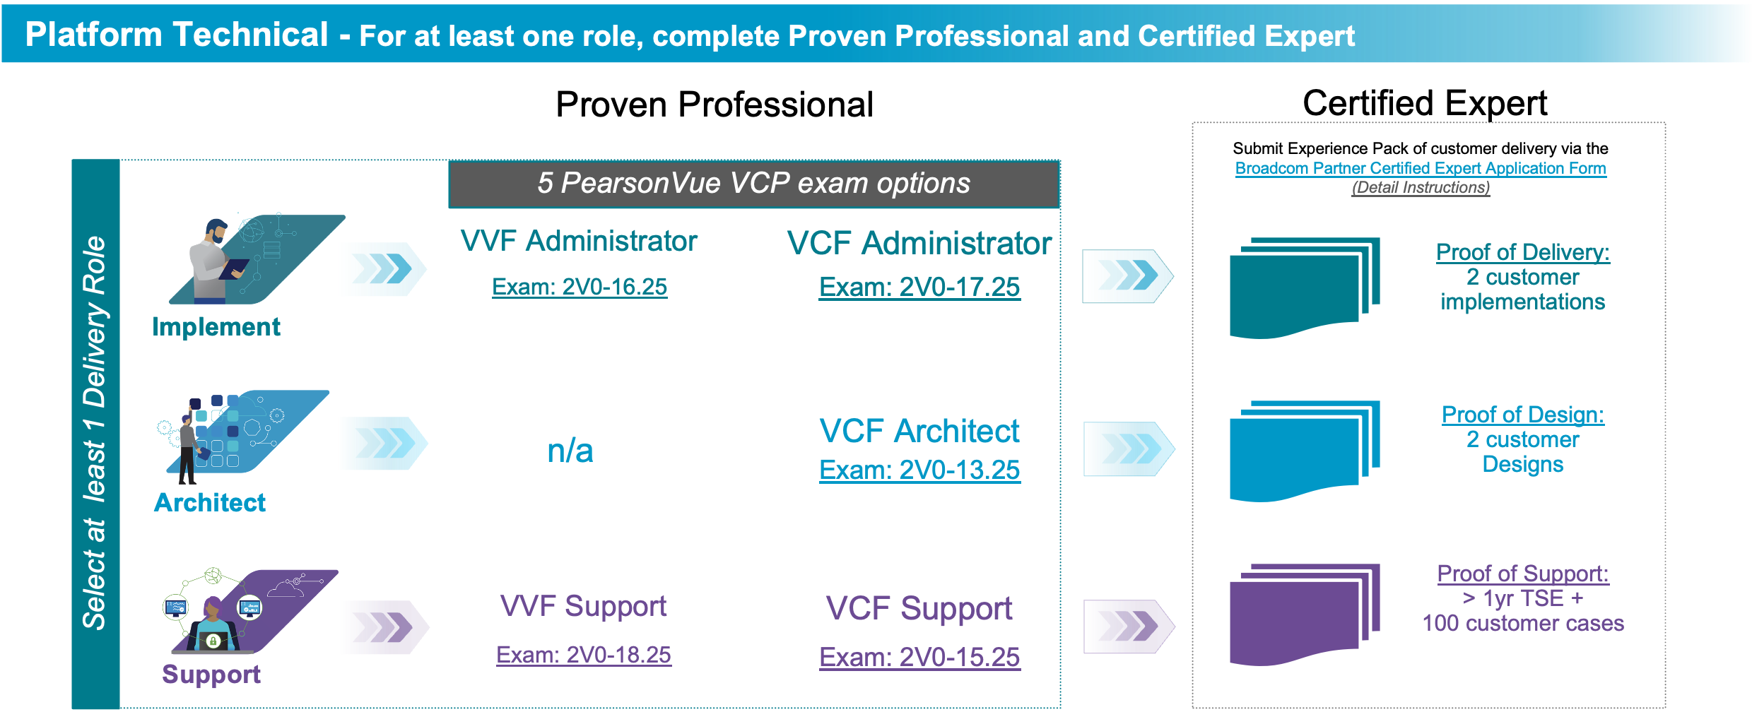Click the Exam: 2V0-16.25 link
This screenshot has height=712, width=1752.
pyautogui.click(x=580, y=287)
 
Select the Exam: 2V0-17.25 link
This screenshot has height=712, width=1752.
pyautogui.click(x=919, y=287)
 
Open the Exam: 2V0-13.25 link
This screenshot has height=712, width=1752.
pyautogui.click(x=919, y=470)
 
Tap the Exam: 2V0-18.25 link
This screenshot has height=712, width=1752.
pyautogui.click(x=583, y=655)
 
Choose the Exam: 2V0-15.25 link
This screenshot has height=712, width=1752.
pyautogui.click(x=919, y=657)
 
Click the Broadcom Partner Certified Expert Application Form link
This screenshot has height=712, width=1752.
pyautogui.click(x=1421, y=168)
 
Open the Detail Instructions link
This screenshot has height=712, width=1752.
pyautogui.click(x=1421, y=188)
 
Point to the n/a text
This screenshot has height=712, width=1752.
pyautogui.click(x=570, y=451)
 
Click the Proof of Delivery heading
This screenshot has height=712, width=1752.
pyautogui.click(x=1522, y=252)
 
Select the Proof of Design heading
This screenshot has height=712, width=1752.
pyautogui.click(x=1522, y=415)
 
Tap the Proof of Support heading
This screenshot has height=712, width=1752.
pyautogui.click(x=1522, y=574)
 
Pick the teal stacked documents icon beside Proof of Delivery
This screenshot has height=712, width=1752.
pyautogui.click(x=1304, y=287)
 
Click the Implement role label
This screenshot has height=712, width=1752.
pyautogui.click(x=216, y=327)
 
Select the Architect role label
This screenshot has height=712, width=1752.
pyautogui.click(x=210, y=502)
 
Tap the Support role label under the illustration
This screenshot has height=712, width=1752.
pyautogui.click(x=211, y=675)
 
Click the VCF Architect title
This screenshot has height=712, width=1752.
pyautogui.click(x=919, y=431)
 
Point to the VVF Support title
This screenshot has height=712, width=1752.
pyautogui.click(x=583, y=606)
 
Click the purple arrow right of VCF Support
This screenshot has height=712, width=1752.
pyautogui.click(x=1129, y=627)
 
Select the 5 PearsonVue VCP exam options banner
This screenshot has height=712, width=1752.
pyautogui.click(x=753, y=184)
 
